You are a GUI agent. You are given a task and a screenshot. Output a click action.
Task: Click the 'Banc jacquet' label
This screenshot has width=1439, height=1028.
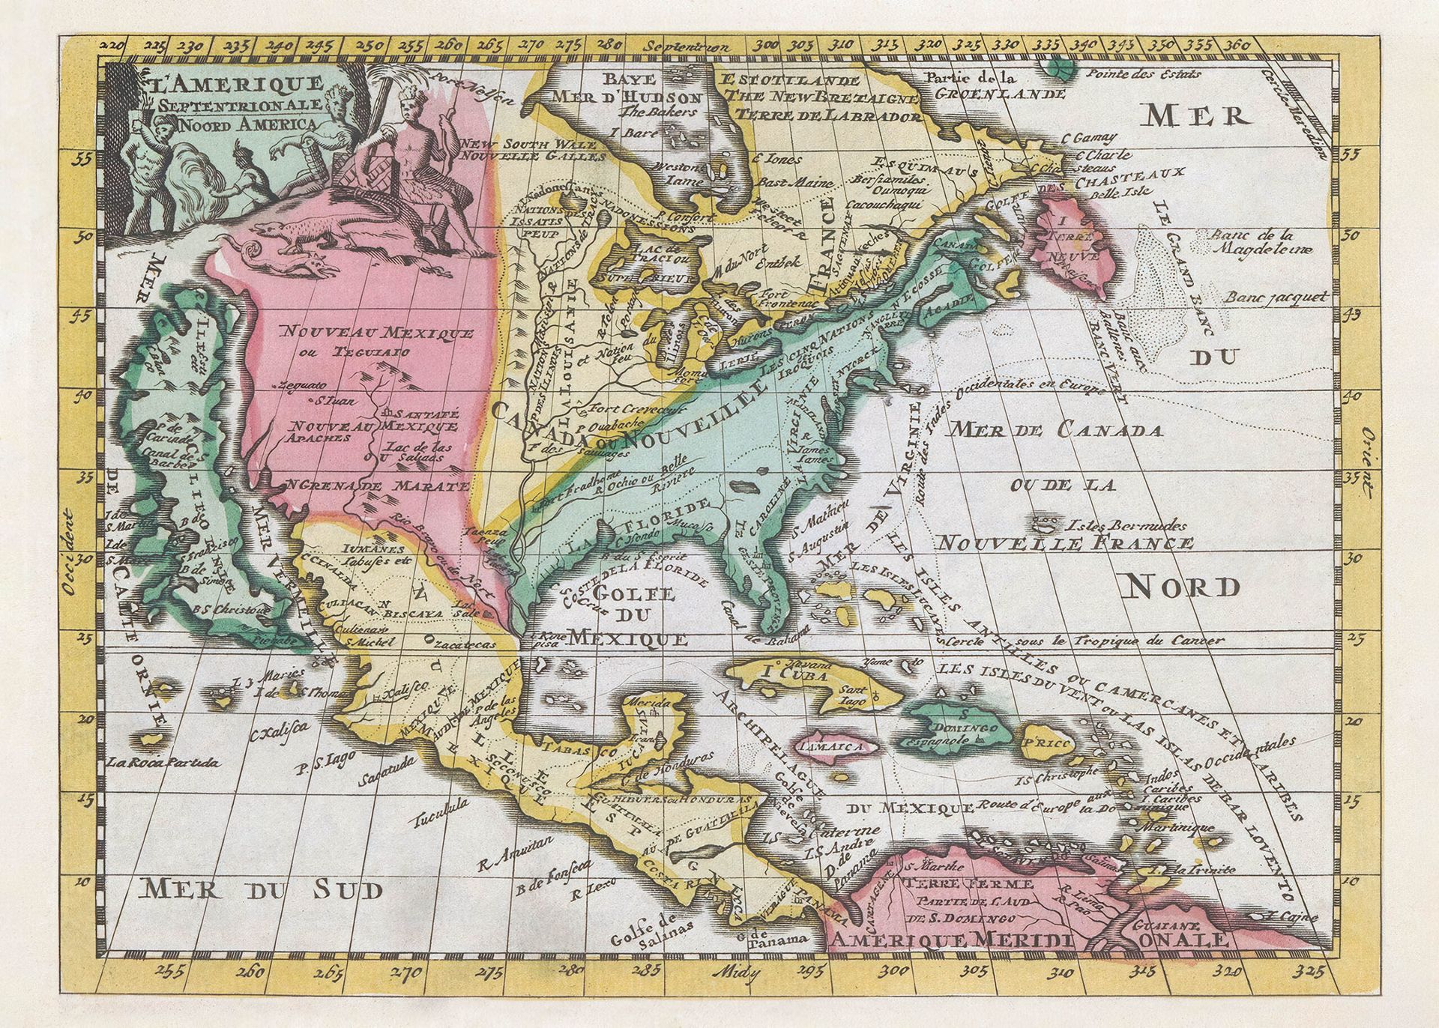click(x=1276, y=297)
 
